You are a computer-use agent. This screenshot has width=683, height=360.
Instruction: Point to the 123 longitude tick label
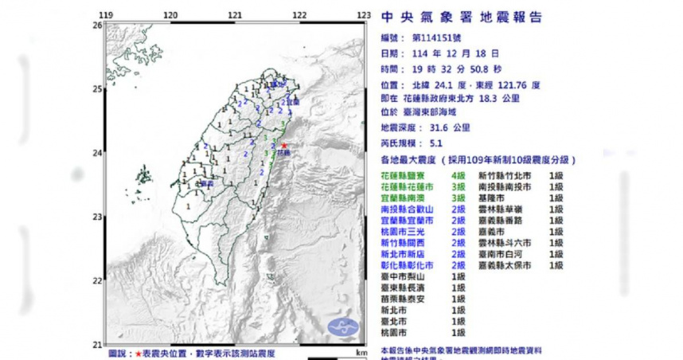click(364, 15)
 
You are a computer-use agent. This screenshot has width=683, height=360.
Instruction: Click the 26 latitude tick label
click(97, 25)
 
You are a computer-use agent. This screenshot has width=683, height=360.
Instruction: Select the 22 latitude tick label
click(97, 280)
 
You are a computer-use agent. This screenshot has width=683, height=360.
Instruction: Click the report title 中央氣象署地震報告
click(462, 17)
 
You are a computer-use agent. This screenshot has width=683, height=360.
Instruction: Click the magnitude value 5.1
click(436, 143)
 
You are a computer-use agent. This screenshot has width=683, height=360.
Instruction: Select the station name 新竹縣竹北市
click(505, 174)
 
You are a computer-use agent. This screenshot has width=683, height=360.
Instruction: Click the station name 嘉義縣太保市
click(505, 265)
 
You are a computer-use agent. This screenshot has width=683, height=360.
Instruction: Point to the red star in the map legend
click(139, 351)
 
